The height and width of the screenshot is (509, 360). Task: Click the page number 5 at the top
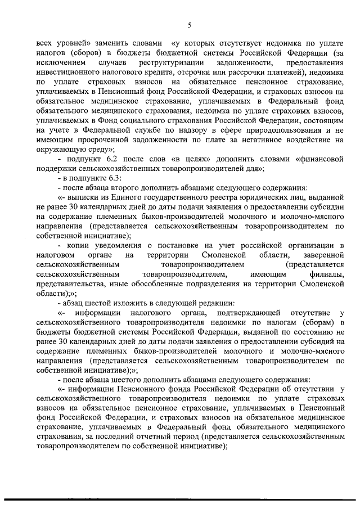pyautogui.click(x=190, y=25)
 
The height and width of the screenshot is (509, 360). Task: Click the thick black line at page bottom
pyautogui.click(x=180, y=499)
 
